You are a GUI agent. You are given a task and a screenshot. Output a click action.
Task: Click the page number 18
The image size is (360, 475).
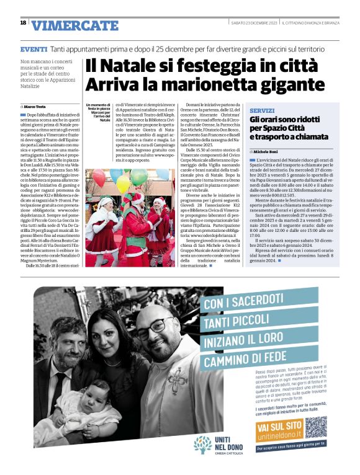[23, 23]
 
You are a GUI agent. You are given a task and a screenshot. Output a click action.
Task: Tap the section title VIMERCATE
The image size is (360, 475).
[74, 25]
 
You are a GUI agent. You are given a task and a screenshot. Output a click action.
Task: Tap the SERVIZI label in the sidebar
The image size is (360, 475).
[261, 109]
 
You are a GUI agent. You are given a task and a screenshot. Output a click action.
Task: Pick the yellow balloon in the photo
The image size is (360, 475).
[123, 184]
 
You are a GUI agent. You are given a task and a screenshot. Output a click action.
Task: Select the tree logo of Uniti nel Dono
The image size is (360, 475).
[202, 444]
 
